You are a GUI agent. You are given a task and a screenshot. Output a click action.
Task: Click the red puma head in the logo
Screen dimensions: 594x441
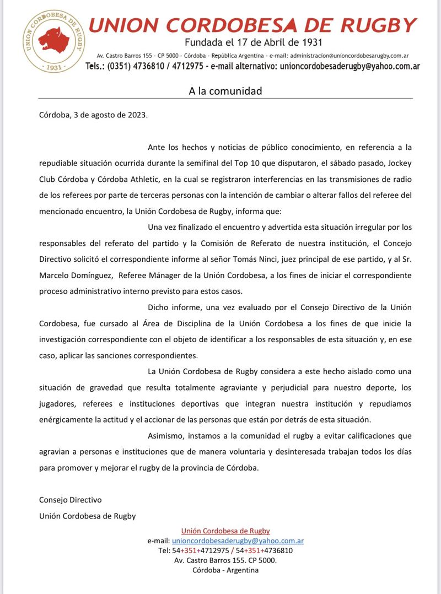pos(54,40)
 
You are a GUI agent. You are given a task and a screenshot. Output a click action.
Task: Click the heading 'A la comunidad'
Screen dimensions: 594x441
pos(225,91)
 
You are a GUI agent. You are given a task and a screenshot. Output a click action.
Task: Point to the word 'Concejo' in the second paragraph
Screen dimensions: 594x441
pos(397,243)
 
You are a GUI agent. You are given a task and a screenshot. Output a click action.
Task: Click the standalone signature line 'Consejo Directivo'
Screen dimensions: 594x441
pos(71,500)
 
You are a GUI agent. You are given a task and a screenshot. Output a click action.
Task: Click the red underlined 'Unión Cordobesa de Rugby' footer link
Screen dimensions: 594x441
pos(225,531)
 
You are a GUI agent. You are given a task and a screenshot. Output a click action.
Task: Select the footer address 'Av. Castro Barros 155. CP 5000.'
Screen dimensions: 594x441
pos(225,560)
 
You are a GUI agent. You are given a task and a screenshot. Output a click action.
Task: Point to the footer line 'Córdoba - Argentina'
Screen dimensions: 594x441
pos(225,570)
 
